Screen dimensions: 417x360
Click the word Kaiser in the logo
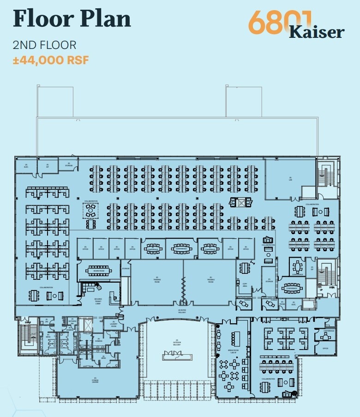[317, 32]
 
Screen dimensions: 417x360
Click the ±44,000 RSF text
[50, 60]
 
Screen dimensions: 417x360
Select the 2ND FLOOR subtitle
[44, 45]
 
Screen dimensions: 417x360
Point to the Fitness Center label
[95, 381]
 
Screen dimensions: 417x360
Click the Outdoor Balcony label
[177, 343]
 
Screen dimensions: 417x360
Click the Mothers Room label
[72, 321]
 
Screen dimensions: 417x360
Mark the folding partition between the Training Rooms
[183, 291]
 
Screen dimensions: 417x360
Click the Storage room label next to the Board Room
[126, 268]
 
